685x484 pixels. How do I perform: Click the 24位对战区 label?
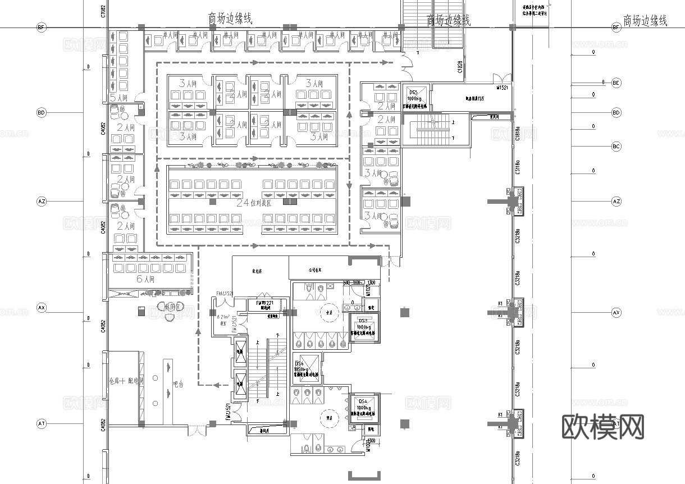point(253,203)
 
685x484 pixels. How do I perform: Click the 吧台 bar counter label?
point(179,385)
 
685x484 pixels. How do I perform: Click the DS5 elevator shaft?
point(414,97)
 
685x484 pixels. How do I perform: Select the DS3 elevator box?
point(363,327)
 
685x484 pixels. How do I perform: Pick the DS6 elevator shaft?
point(307,368)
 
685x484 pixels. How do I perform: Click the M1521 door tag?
point(502,88)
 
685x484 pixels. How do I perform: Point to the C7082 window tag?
point(103,11)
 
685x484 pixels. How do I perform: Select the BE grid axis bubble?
point(616,83)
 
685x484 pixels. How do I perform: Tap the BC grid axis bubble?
point(616,147)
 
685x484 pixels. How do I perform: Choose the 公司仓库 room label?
point(317,270)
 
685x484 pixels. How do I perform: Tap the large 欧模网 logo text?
point(602,427)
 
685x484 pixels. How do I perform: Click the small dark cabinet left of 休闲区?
point(141,311)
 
